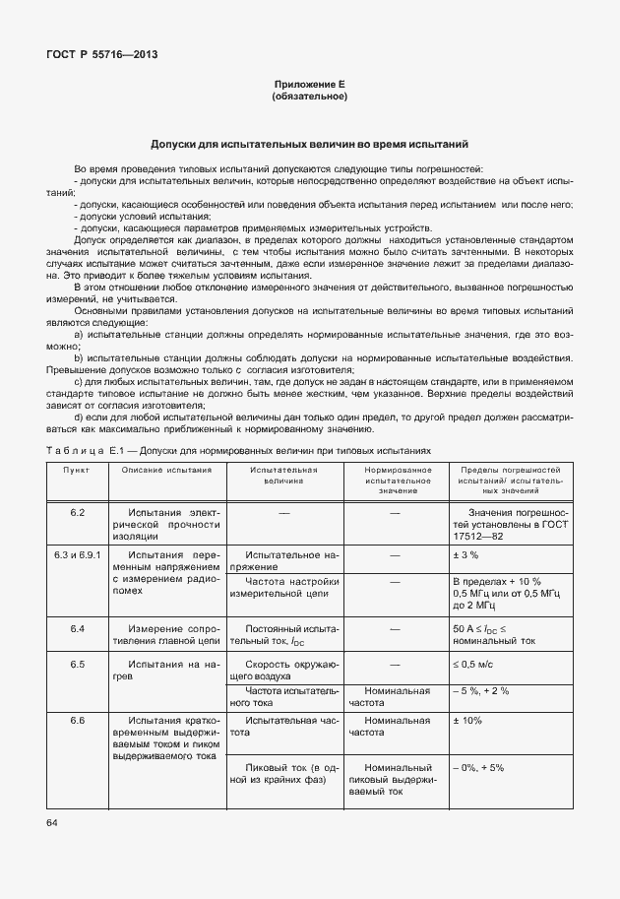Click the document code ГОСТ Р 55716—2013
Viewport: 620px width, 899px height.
point(102,54)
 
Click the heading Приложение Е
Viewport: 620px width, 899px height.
point(309,86)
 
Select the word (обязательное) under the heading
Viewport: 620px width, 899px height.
point(309,96)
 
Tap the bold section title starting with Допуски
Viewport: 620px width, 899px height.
point(309,143)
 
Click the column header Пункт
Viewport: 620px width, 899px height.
point(77,470)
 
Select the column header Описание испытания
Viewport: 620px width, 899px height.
point(166,470)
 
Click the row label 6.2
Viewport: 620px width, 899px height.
point(77,514)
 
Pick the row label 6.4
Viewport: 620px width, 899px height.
point(77,627)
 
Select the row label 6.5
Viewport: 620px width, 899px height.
point(77,665)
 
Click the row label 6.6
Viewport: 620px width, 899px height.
point(77,721)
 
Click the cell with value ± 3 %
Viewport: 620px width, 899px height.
point(465,555)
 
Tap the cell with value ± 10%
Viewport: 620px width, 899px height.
point(466,721)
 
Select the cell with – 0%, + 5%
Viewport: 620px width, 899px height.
point(478,767)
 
